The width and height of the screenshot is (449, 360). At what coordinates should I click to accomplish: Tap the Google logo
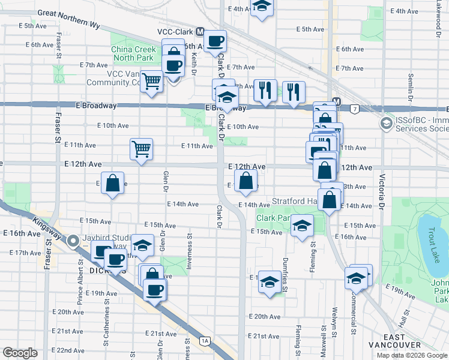click(x=20, y=353)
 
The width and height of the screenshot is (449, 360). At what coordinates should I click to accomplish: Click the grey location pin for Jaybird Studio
click(x=74, y=242)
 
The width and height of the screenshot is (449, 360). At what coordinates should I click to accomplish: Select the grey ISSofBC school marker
click(x=385, y=124)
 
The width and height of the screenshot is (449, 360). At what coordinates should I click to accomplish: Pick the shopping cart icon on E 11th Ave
click(x=142, y=148)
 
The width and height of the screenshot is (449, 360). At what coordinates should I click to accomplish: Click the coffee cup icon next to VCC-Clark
click(x=215, y=41)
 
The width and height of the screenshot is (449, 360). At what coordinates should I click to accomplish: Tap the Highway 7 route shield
click(x=355, y=109)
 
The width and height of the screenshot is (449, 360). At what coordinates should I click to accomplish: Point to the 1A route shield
click(x=205, y=341)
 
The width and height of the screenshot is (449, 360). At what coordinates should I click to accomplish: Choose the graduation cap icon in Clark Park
click(x=302, y=226)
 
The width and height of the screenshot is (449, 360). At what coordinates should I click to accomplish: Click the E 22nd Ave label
click(x=68, y=350)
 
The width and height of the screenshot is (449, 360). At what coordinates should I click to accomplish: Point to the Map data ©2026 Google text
click(x=412, y=355)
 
